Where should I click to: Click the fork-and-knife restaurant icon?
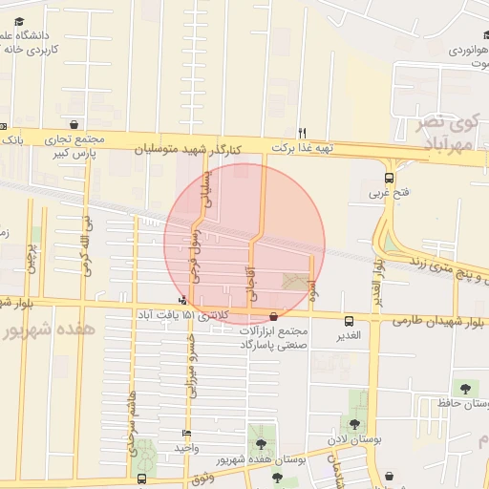(x=303, y=133)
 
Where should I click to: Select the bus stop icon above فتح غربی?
(x=389, y=178)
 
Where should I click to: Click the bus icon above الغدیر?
(x=349, y=321)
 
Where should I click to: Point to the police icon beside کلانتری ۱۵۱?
(x=181, y=301)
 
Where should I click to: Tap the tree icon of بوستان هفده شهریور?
(x=260, y=444)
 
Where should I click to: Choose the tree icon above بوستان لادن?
(x=355, y=423)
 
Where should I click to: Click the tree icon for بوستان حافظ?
(x=465, y=389)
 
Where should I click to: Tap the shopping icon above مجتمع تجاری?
(x=74, y=124)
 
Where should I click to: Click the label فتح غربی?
(x=390, y=193)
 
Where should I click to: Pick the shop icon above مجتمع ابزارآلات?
(x=275, y=316)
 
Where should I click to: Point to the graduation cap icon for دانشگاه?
(x=19, y=21)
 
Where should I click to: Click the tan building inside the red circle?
(x=296, y=282)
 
